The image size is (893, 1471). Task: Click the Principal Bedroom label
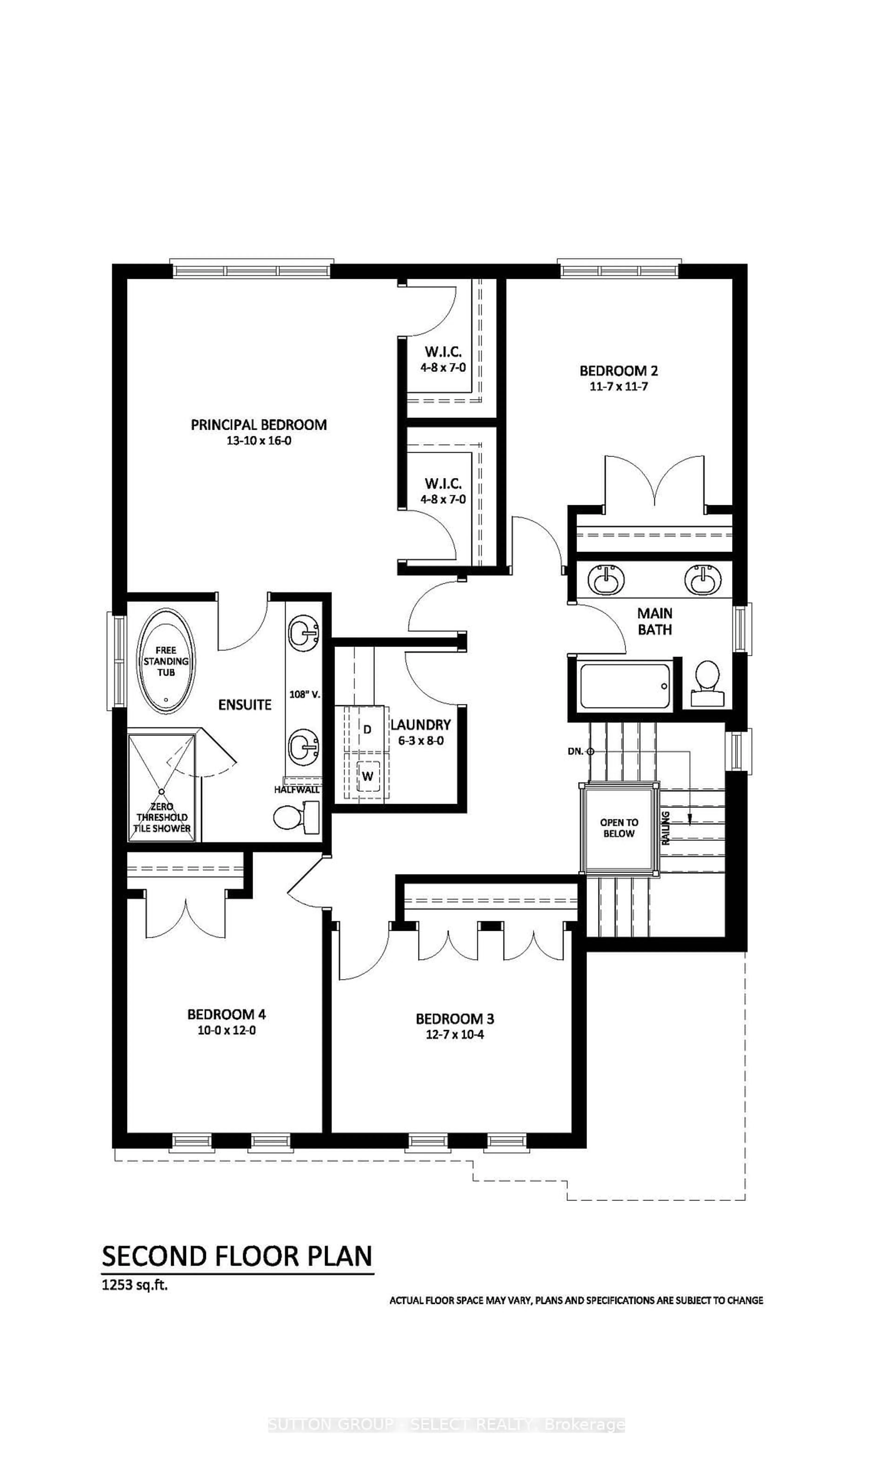pyautogui.click(x=258, y=425)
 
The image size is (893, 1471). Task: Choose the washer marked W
pyautogui.click(x=367, y=776)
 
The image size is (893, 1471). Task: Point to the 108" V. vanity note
pyautogui.click(x=304, y=694)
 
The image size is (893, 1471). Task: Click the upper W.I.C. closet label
pyautogui.click(x=443, y=352)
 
